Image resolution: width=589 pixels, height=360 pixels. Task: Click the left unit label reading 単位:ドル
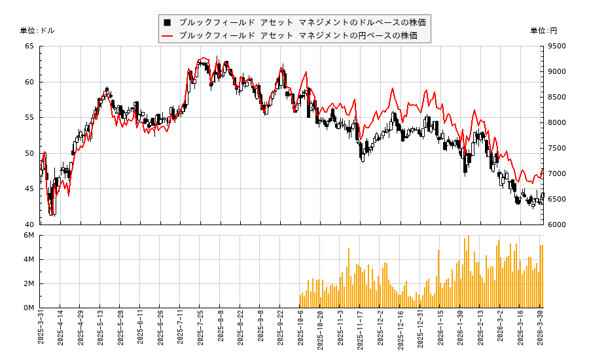click(37, 31)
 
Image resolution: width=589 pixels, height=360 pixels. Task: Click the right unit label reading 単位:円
click(544, 31)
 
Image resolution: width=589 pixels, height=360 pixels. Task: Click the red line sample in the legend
click(168, 35)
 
